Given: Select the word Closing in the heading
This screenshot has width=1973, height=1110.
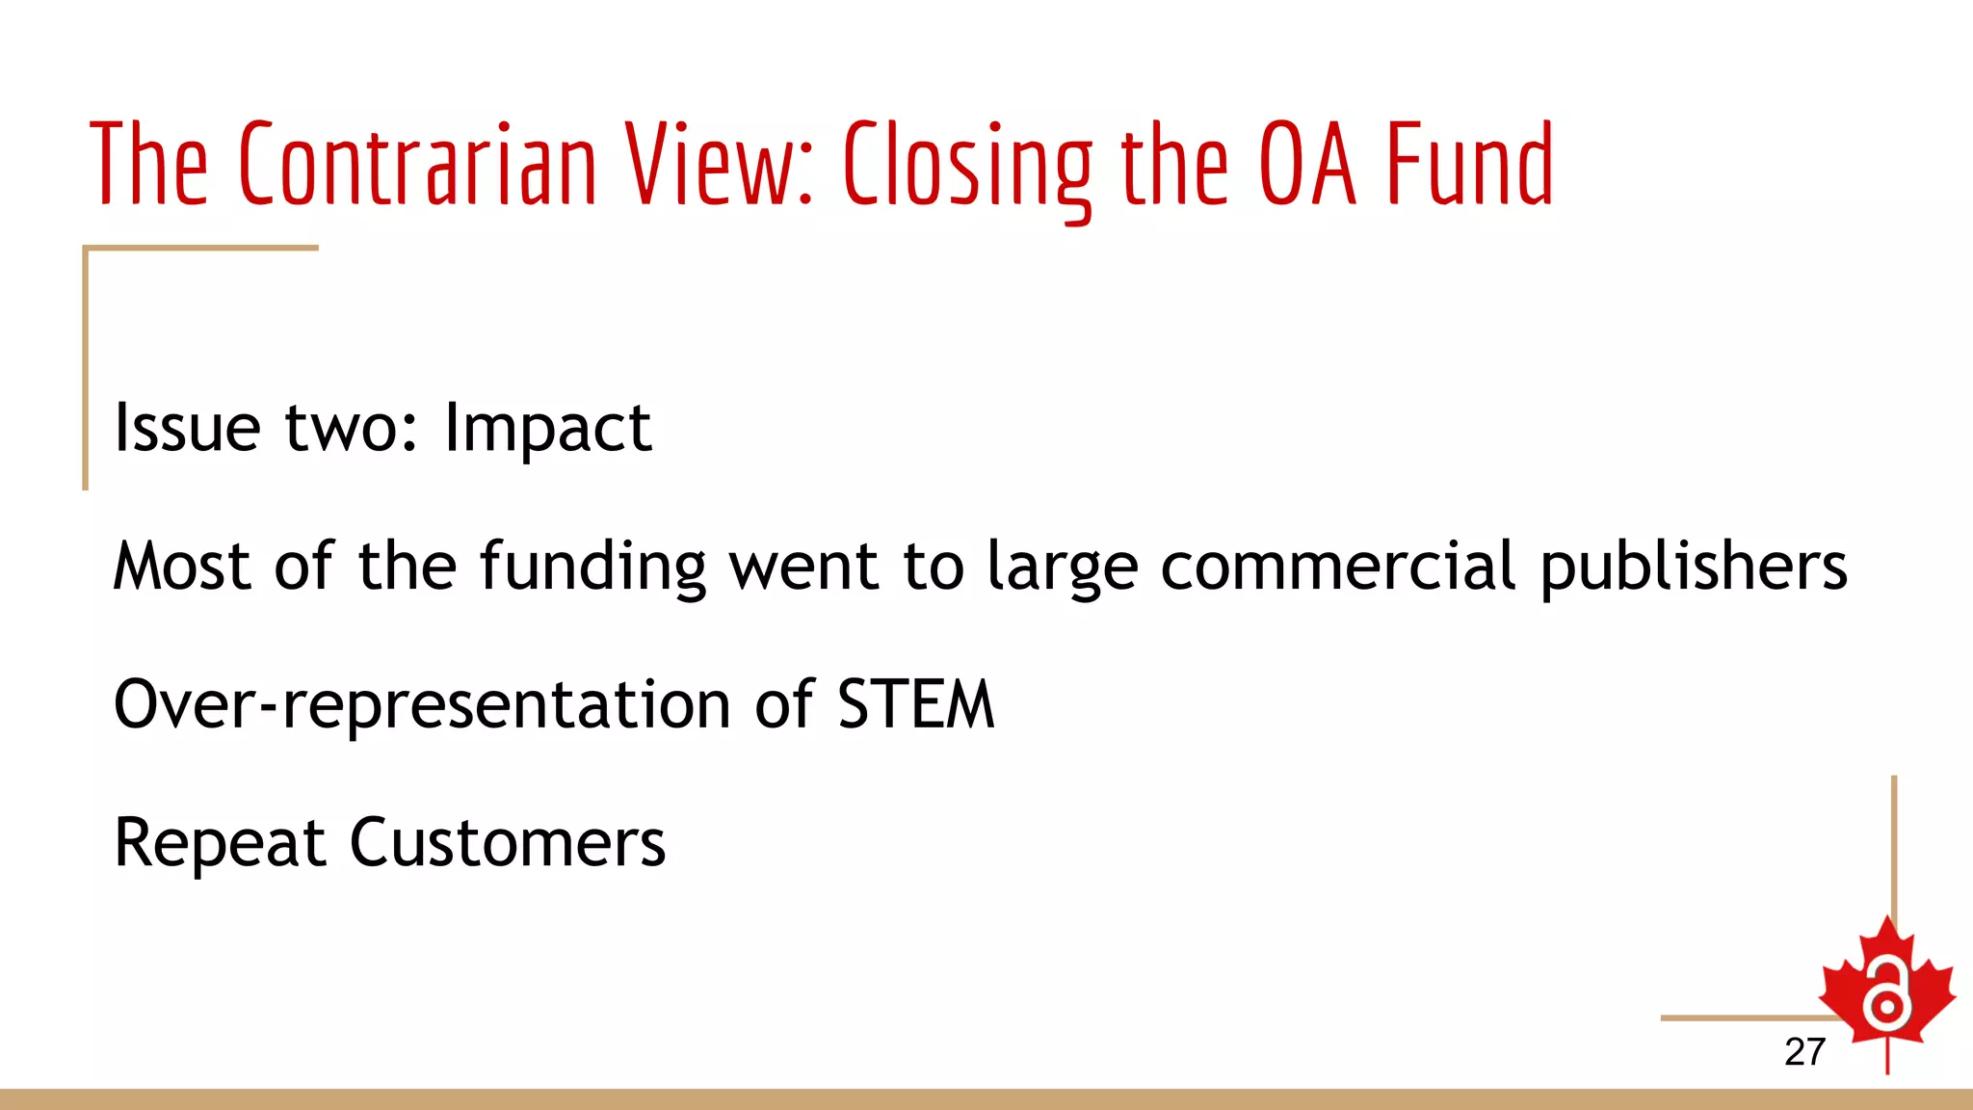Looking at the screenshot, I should point(967,166).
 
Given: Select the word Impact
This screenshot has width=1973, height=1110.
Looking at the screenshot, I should point(547,429).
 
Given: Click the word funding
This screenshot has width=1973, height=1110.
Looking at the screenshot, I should point(592,568).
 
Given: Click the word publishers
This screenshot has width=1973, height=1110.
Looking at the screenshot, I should point(1694,568).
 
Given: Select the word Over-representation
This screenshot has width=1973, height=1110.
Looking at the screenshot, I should point(422,705).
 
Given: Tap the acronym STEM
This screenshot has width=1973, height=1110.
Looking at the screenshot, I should point(915,704).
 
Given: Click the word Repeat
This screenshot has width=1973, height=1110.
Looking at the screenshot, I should point(220,844).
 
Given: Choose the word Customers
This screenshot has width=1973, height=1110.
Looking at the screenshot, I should point(507,843).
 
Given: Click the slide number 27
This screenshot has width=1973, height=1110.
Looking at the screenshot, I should point(1804,1051).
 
